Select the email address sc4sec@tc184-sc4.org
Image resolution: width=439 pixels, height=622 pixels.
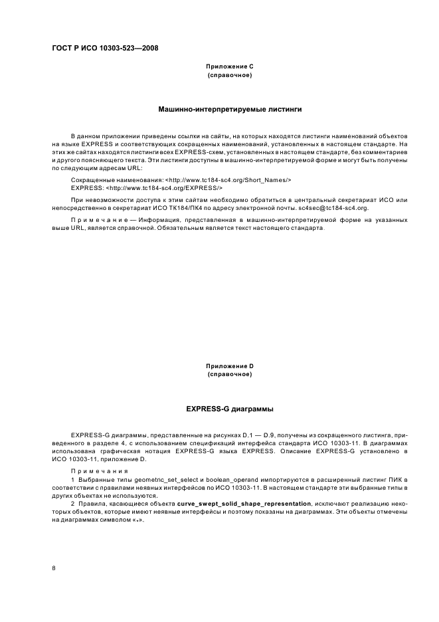tap(330, 208)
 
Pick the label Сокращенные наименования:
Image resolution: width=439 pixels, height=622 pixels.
tap(116, 180)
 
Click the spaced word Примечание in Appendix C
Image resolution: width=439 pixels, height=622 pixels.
tap(98, 219)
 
